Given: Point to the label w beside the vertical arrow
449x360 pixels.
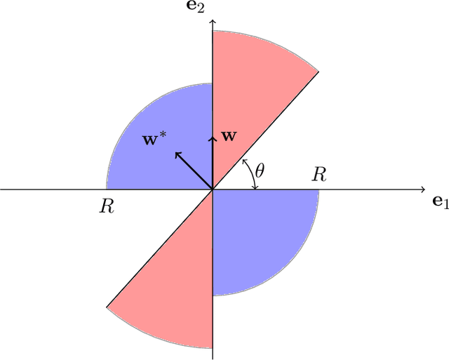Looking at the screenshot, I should (x=229, y=136).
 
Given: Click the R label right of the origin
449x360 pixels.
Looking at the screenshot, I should (x=319, y=175).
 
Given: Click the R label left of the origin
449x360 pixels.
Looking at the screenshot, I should (x=107, y=207).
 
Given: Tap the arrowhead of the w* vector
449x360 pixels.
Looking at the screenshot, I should (x=177, y=154).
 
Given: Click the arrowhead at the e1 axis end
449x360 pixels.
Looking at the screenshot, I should (x=422, y=189).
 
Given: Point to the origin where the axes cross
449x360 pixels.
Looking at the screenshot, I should (x=213, y=189).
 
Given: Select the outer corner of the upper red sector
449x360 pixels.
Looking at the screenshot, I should (x=318, y=71).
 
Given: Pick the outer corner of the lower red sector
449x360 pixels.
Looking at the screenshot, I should (x=107, y=307).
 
